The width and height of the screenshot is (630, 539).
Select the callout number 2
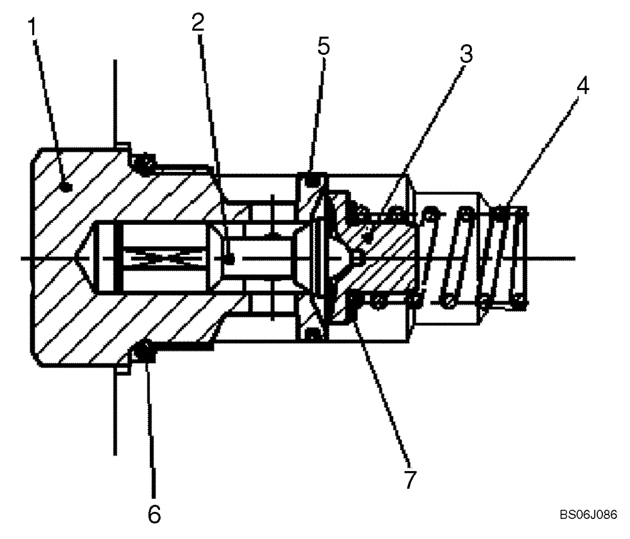(198, 24)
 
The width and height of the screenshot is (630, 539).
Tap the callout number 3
(466, 54)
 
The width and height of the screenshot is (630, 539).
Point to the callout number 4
(583, 86)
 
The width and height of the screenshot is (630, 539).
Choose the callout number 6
(154, 513)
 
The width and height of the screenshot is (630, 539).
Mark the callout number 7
(410, 479)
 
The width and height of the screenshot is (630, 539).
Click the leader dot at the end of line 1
(67, 186)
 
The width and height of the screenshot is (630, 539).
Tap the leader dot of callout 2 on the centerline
(231, 258)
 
